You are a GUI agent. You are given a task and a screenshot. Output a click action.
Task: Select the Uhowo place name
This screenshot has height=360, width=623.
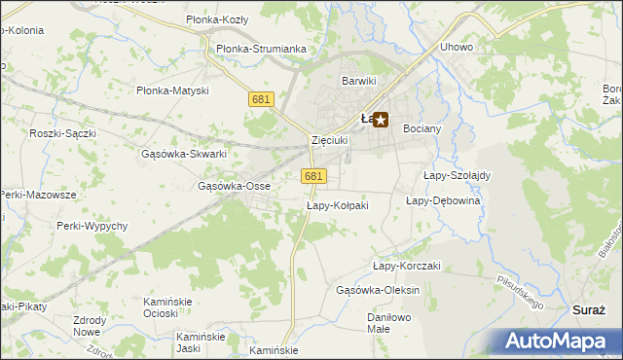456,47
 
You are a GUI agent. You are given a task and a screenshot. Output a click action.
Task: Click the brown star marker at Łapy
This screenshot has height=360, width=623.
381,121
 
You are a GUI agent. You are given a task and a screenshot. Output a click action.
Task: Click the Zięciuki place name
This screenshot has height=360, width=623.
329,140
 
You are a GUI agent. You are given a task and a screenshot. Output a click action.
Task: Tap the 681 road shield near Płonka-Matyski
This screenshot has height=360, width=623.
260,99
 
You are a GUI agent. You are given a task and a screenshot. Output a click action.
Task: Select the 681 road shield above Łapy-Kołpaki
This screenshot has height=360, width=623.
312,176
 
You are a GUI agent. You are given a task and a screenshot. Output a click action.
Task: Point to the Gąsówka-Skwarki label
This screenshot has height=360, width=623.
184,154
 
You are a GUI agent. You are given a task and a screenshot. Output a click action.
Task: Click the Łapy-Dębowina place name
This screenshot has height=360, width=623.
443,200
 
